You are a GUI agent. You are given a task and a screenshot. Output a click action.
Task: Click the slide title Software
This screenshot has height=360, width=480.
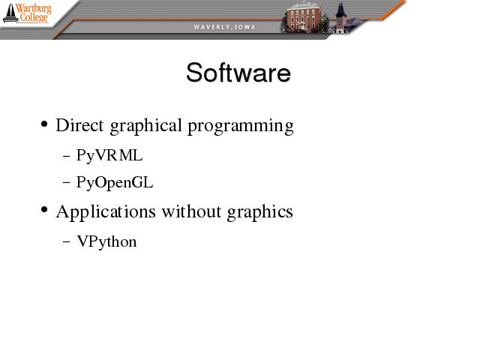[x=238, y=73]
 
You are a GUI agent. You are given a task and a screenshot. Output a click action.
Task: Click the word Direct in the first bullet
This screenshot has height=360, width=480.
[x=79, y=125]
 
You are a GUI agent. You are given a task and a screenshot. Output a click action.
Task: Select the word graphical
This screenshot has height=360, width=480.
[x=145, y=127]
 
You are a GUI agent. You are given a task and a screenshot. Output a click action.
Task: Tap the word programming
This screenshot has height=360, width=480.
[x=241, y=127]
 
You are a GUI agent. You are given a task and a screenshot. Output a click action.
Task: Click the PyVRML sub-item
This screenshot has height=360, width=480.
[x=109, y=155]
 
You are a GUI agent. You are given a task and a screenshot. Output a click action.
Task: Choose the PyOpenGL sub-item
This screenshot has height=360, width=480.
[x=115, y=183]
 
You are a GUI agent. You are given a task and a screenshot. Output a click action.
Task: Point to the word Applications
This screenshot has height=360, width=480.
[x=106, y=212]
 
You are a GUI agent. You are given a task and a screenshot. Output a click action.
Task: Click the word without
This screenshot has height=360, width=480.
[x=192, y=211]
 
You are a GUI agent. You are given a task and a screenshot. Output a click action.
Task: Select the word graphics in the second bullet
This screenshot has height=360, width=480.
[x=260, y=212]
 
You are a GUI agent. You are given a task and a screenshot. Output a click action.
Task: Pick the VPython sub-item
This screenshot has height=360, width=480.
[x=106, y=241]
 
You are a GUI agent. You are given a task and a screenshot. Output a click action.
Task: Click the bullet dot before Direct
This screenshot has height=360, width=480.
[x=44, y=124]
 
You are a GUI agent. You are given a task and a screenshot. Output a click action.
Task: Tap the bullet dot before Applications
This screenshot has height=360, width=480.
[x=44, y=210]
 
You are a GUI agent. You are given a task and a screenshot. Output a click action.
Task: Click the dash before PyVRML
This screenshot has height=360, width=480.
[x=66, y=156]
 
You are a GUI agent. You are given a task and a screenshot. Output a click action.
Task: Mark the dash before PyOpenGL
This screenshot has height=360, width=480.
[x=66, y=183]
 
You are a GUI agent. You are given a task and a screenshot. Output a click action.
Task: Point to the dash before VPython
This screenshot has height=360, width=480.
[x=66, y=241]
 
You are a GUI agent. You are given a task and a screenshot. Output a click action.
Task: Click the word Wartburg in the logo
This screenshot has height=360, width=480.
[x=33, y=8]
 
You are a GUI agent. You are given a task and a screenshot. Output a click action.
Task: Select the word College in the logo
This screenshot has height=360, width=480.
[x=34, y=17]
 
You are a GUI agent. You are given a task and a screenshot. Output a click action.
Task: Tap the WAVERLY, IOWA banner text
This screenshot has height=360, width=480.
[x=225, y=27]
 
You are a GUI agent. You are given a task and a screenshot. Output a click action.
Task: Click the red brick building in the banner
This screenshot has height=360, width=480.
[x=303, y=17]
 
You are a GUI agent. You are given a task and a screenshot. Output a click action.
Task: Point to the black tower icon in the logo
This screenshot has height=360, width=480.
[x=10, y=13]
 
